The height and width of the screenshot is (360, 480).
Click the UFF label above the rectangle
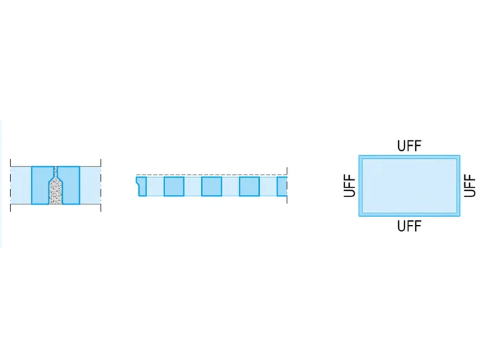[x=409, y=146]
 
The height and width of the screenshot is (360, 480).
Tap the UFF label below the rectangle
[x=409, y=226]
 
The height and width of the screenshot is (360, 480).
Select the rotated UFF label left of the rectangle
[x=350, y=185]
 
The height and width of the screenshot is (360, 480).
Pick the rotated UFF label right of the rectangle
[x=470, y=185]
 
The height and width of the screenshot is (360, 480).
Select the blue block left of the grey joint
[x=40, y=185]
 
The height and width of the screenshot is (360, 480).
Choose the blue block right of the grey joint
[x=71, y=185]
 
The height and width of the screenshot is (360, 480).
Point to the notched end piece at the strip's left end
[x=142, y=186]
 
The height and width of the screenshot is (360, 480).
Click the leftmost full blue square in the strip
[x=174, y=186]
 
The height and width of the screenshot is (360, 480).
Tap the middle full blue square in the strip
[x=211, y=186]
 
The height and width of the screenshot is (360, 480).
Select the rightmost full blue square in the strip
[x=249, y=186]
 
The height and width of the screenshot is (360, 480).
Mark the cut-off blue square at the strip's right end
[x=282, y=186]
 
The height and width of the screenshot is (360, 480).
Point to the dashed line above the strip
[x=211, y=175]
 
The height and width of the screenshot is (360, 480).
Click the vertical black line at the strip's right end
[x=287, y=185]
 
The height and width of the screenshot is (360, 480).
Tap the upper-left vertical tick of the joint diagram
[x=10, y=162]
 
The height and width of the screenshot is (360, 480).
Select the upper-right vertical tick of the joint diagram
[x=101, y=162]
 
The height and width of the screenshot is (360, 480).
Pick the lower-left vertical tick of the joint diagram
[x=10, y=208]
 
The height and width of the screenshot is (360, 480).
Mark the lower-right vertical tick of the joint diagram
[x=101, y=208]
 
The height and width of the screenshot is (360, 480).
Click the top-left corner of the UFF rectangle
[x=359, y=155]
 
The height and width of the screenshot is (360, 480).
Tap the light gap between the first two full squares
[x=192, y=186]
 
